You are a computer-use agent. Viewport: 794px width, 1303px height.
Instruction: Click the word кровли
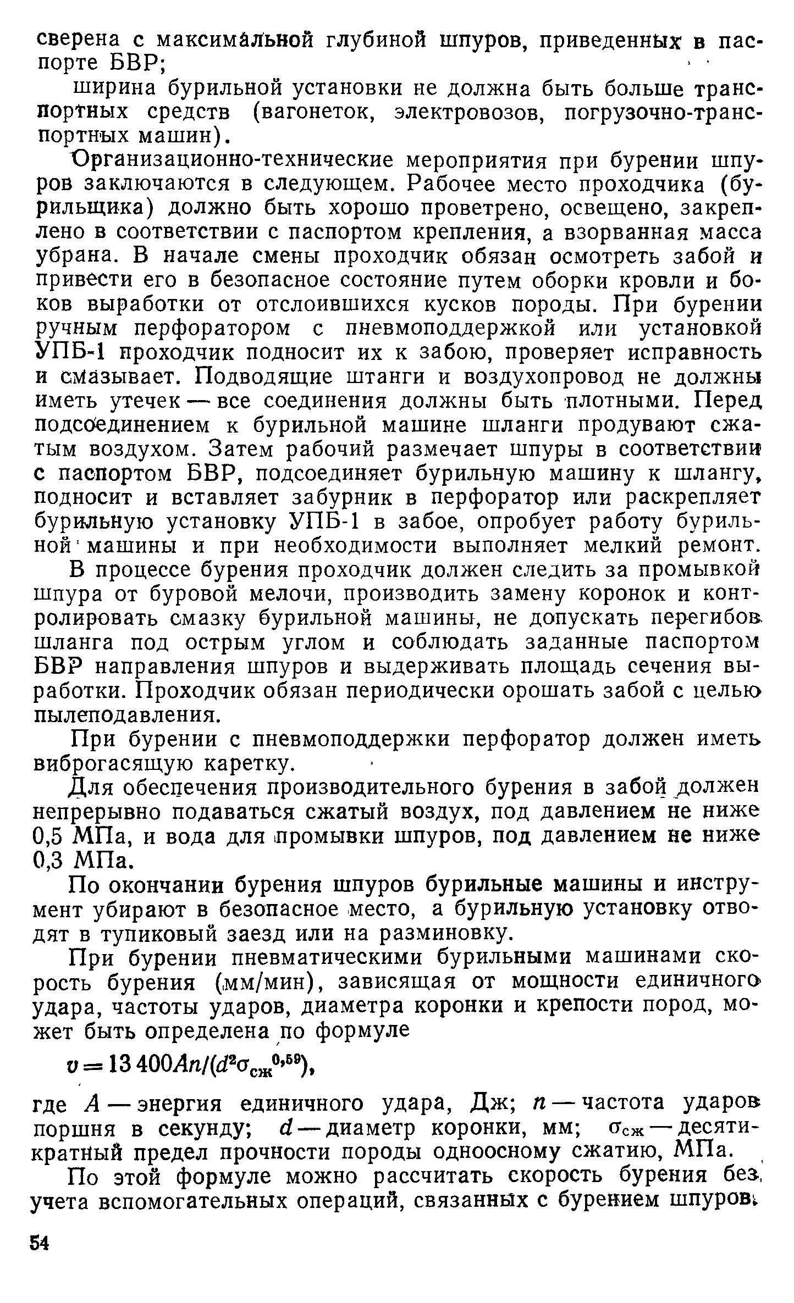pyautogui.click(x=658, y=281)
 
